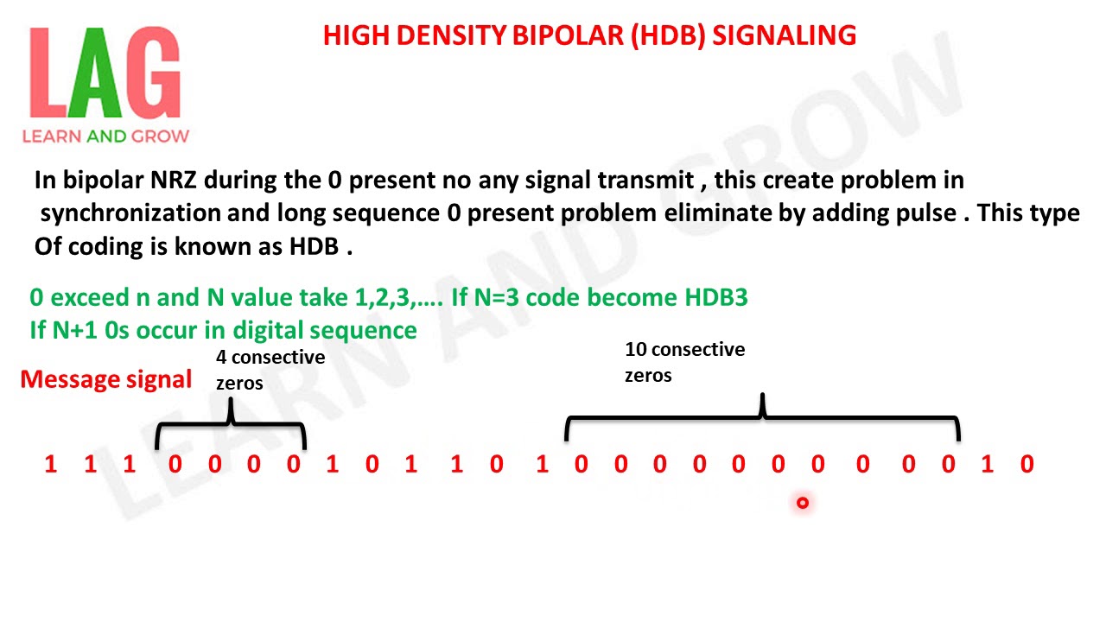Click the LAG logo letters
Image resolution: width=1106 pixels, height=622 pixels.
[x=105, y=74]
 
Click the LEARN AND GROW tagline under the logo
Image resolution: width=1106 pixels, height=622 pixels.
[x=105, y=136]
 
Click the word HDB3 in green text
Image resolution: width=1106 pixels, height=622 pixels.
[x=716, y=298]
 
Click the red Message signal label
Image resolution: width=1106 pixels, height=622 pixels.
[x=105, y=379]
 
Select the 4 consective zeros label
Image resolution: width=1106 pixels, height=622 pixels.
[x=270, y=369]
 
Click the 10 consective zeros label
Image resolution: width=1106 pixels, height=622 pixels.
[x=684, y=362]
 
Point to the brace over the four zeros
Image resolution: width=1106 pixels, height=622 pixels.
[x=230, y=424]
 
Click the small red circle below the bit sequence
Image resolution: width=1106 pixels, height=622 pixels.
[x=803, y=502]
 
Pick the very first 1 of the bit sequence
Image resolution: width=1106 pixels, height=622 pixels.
[x=50, y=465]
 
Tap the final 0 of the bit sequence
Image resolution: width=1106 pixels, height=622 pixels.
[x=1027, y=465]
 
